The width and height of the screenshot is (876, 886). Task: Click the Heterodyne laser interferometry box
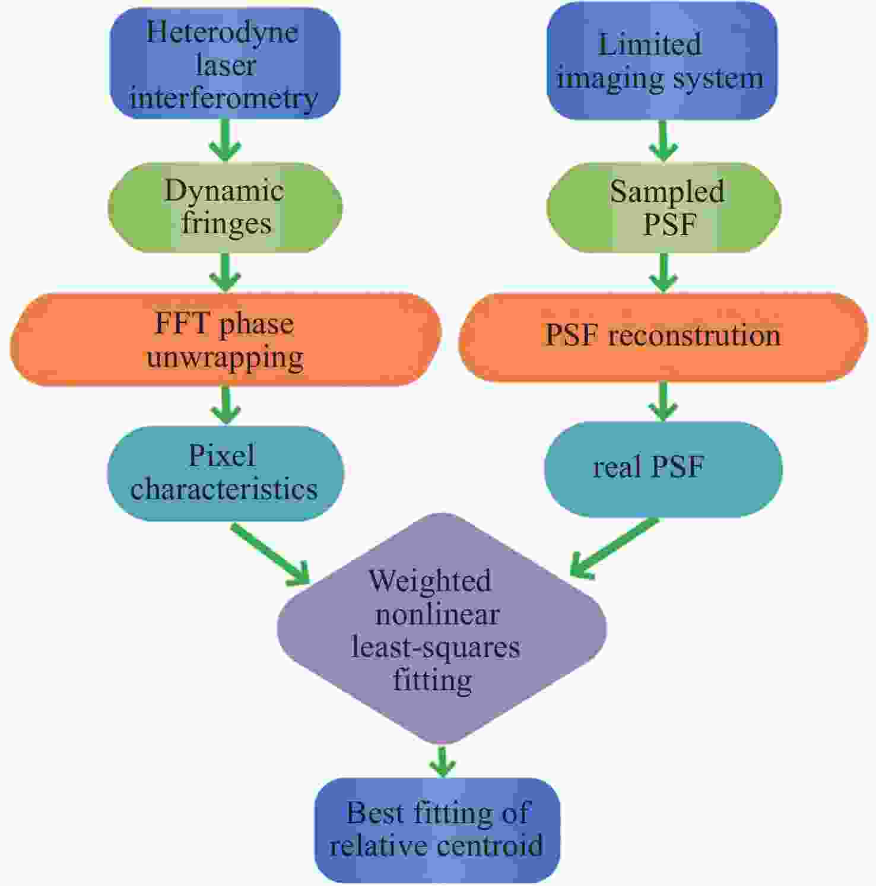(225, 64)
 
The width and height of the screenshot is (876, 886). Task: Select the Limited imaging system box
(661, 62)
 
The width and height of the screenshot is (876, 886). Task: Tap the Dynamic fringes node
(225, 207)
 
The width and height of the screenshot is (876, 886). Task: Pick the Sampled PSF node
(664, 208)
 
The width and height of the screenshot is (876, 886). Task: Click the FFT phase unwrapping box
(225, 339)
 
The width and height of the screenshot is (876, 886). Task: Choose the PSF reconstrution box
(663, 336)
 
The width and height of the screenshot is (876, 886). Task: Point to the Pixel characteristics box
(225, 473)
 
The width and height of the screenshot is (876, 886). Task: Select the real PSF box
(663, 468)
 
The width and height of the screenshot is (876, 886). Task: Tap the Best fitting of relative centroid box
(437, 829)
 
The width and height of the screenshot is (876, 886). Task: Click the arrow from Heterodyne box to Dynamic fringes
(226, 140)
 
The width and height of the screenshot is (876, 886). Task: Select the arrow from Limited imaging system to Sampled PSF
(663, 141)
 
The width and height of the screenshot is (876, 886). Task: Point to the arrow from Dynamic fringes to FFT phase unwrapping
(226, 272)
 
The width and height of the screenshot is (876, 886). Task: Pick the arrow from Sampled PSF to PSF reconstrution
(663, 272)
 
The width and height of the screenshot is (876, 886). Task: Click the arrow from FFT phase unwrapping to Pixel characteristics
(226, 405)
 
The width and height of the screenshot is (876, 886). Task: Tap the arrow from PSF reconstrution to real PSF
(663, 401)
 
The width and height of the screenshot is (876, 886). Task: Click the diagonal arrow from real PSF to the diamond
(614, 548)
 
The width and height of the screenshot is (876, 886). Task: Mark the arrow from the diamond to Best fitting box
(442, 761)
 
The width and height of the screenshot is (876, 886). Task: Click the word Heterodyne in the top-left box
(222, 31)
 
